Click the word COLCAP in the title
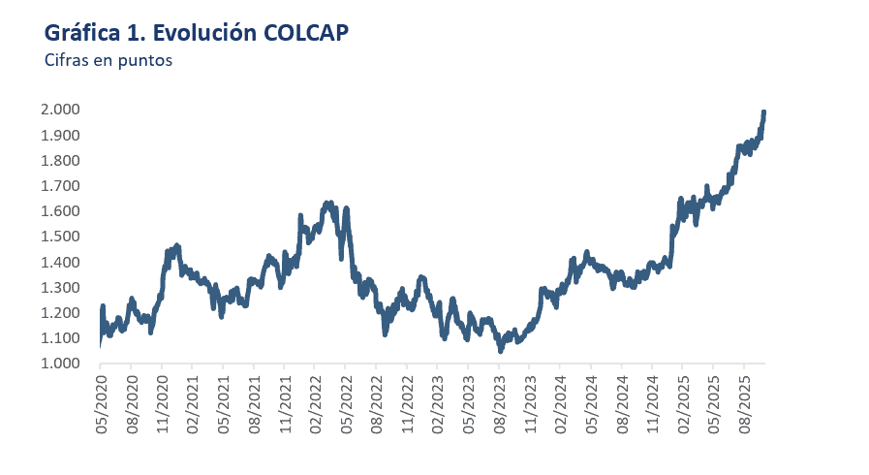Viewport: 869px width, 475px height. (x=305, y=33)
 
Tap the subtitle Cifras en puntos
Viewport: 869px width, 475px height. (x=108, y=60)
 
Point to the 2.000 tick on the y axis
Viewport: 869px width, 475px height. (x=60, y=110)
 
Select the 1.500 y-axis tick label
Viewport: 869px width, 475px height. (x=60, y=237)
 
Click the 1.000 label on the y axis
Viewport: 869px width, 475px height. (x=60, y=364)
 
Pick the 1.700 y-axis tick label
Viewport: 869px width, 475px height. (x=60, y=186)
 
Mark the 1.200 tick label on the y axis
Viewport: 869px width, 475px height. (x=60, y=313)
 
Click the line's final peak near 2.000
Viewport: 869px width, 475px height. (x=764, y=112)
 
